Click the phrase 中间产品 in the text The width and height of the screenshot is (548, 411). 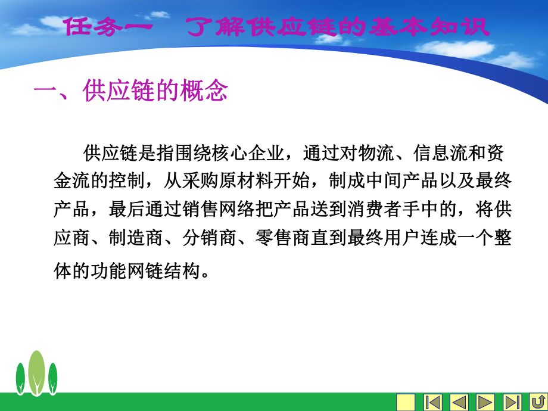click(x=401, y=181)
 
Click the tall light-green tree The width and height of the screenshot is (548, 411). click(x=37, y=370)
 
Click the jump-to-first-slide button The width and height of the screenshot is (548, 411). click(x=432, y=402)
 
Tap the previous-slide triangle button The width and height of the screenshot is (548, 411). click(x=459, y=402)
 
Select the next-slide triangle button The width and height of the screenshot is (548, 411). click(x=485, y=402)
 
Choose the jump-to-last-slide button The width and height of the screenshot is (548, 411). click(x=512, y=402)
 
